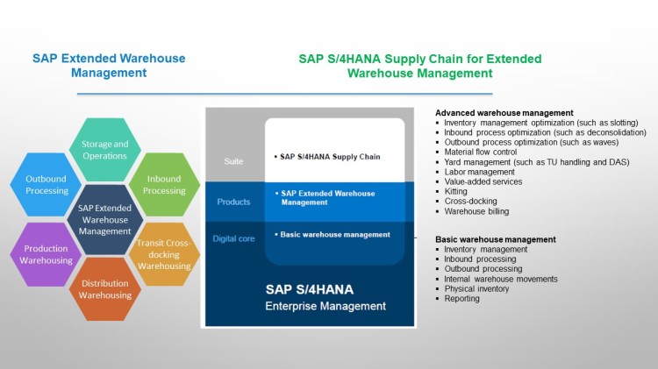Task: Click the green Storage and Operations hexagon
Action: tap(104, 150)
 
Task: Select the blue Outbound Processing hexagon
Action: tap(40, 185)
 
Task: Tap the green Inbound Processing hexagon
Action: tap(164, 185)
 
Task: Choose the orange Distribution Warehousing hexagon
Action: tap(104, 289)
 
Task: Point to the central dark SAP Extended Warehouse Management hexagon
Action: tap(104, 219)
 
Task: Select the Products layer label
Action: tap(233, 202)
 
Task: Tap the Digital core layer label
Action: tap(233, 238)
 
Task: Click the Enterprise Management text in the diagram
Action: tap(325, 306)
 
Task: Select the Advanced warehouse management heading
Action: tap(504, 113)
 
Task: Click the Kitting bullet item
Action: tap(455, 191)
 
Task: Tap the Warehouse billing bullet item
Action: tap(476, 211)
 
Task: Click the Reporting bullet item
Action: tap(461, 298)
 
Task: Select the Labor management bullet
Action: tap(479, 172)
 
